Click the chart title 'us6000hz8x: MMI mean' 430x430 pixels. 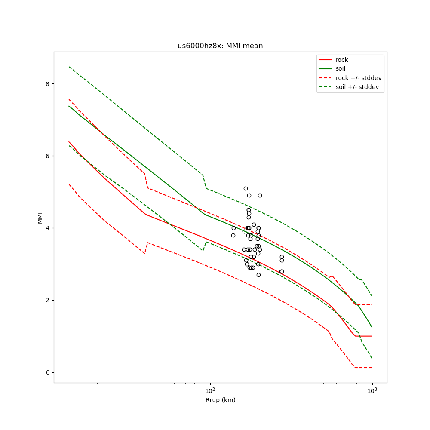[220, 46]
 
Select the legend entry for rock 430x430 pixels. [342, 60]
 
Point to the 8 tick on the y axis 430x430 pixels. [47, 83]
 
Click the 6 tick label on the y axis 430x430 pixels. [47, 156]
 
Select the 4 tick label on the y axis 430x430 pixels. [47, 228]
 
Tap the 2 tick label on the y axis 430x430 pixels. [47, 300]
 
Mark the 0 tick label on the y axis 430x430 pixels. [47, 372]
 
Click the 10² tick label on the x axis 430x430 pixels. [210, 390]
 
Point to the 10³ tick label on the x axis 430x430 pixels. [372, 390]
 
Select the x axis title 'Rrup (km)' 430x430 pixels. [220, 400]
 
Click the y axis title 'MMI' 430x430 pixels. [40, 218]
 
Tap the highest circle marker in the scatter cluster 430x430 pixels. [246, 188]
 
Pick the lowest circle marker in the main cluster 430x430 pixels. [258, 275]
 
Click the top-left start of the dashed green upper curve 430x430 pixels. [69, 67]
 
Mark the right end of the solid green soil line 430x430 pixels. [372, 327]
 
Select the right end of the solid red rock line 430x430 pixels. [372, 336]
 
